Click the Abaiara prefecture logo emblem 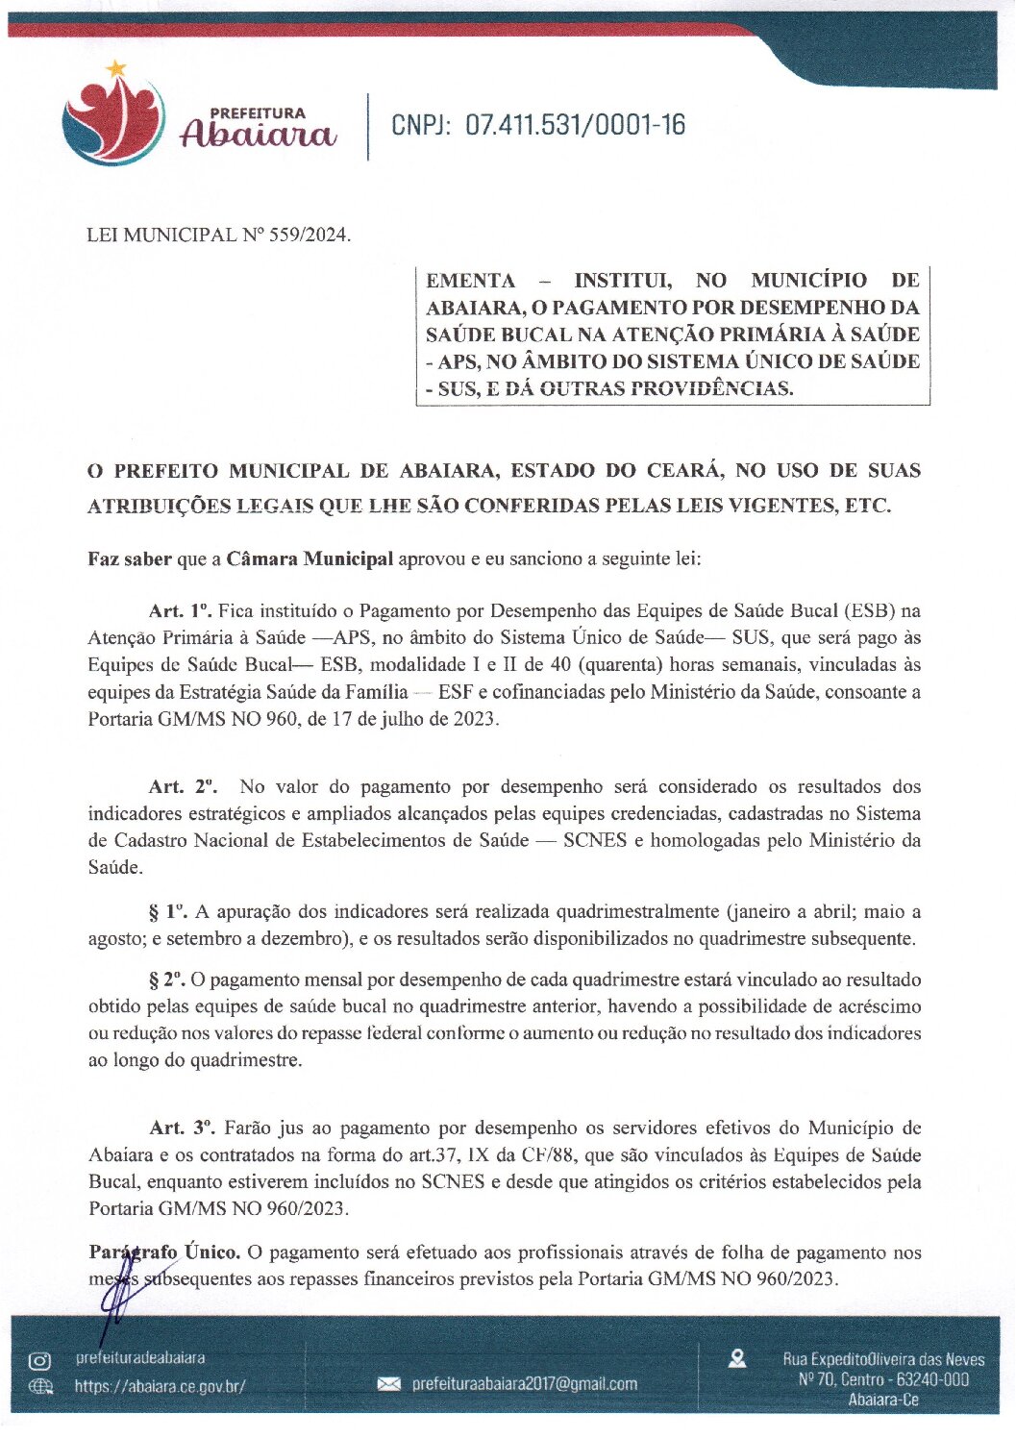pyautogui.click(x=112, y=121)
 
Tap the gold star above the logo pyautogui.click(x=116, y=68)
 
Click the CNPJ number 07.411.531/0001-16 pyautogui.click(x=575, y=125)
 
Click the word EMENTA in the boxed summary pyautogui.click(x=470, y=281)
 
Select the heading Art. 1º pyautogui.click(x=180, y=610)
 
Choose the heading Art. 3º pyautogui.click(x=183, y=1128)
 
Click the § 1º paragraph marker pyautogui.click(x=167, y=911)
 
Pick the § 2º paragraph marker pyautogui.click(x=167, y=979)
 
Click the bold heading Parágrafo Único pyautogui.click(x=164, y=1252)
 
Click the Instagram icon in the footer pyautogui.click(x=40, y=1360)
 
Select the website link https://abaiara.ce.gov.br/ pyautogui.click(x=161, y=1386)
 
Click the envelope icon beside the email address pyautogui.click(x=388, y=1384)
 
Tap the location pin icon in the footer pyautogui.click(x=738, y=1358)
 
